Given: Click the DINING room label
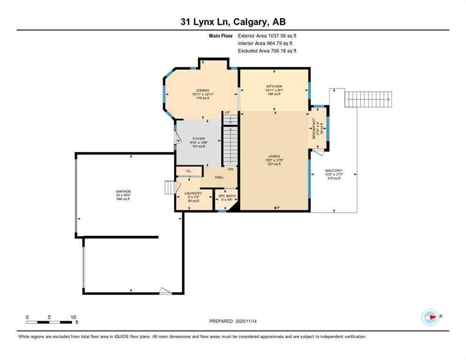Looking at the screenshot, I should coord(203,90).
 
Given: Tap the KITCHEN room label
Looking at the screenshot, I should coord(274,86).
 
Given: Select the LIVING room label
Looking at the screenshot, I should coord(274,156).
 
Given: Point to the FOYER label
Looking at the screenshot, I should coord(199,139).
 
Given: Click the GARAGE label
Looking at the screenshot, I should coord(123,191).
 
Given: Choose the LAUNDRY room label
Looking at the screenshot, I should coord(193,193).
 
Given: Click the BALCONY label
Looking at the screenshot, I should coord(334,171).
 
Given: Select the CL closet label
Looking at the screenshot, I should coord(188,172).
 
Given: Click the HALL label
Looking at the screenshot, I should coord(219,177).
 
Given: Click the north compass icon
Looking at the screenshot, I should coord(430,317).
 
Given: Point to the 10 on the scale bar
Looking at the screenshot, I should coord(73,317).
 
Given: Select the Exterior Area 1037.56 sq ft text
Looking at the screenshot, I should coord(267,36).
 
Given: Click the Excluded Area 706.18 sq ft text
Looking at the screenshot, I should coord(267,51).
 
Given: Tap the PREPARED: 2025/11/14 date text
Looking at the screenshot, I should coord(233,321).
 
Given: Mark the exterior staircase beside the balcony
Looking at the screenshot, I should coord(368,99).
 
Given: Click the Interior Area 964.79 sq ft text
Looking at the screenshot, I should coord(265,43).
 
